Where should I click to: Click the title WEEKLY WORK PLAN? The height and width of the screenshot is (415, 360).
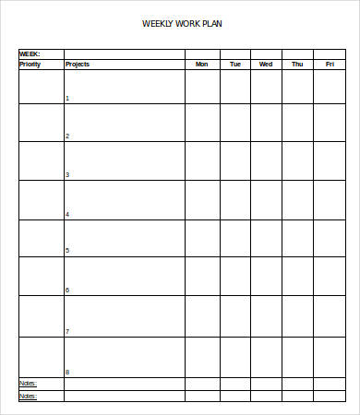coord(182,24)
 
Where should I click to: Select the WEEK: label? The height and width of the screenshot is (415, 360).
coord(30,54)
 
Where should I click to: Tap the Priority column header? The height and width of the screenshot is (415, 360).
coord(30,65)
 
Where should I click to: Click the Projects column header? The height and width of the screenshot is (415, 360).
coord(78,65)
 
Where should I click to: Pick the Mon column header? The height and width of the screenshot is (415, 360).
coord(202,65)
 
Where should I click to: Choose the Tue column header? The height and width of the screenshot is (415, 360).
coord(235,65)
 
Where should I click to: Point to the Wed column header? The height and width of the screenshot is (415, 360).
coord(266,65)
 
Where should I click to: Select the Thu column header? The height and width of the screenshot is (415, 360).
coord(297,65)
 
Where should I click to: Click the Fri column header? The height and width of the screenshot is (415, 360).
coord(330,65)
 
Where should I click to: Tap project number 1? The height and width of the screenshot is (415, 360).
coord(67,98)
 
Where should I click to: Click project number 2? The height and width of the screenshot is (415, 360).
coord(67,136)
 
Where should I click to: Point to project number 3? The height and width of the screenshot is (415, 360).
coord(67,174)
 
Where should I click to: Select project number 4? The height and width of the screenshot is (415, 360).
coord(67,214)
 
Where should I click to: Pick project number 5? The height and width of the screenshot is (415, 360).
coord(67,251)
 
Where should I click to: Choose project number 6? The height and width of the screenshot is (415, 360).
coord(67,290)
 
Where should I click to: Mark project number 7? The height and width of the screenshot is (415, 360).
coord(67,331)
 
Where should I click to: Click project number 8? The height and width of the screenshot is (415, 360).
coord(67,372)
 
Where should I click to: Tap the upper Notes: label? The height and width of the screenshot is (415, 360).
coord(29,383)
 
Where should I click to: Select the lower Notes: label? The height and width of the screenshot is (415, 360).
coord(29,396)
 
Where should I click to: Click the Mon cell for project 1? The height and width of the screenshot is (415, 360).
coord(202,87)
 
